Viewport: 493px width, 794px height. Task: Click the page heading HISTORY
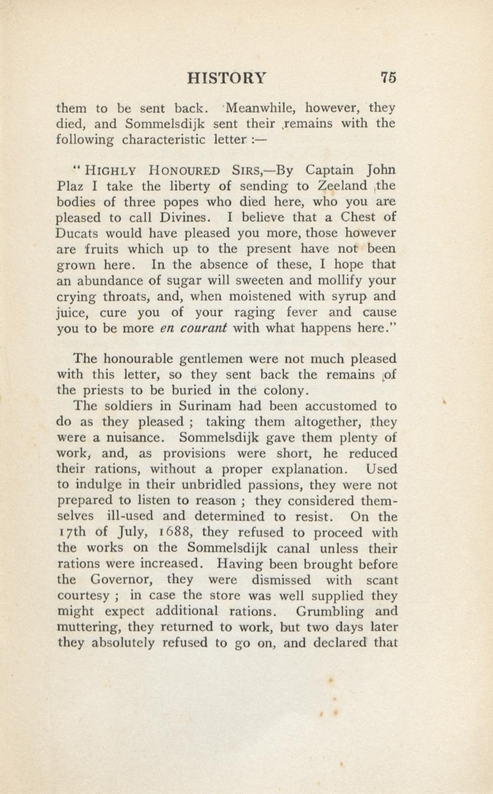tap(227, 79)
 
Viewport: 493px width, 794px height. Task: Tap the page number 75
tap(388, 79)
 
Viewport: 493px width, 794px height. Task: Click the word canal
tap(293, 548)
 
